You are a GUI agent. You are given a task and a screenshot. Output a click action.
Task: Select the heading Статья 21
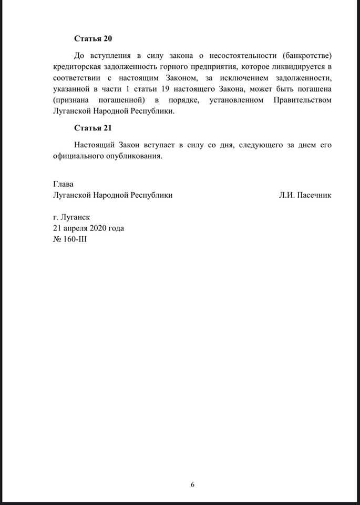(93, 128)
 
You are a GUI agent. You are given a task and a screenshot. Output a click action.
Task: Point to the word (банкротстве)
(307, 55)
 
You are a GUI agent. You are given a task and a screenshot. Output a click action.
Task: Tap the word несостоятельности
(241, 55)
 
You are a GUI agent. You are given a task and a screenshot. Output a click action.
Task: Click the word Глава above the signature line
(64, 184)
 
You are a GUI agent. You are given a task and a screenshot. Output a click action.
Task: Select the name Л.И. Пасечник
(305, 195)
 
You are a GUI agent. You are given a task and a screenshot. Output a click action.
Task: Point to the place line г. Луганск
(71, 217)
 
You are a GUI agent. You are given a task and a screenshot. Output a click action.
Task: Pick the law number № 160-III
(70, 239)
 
